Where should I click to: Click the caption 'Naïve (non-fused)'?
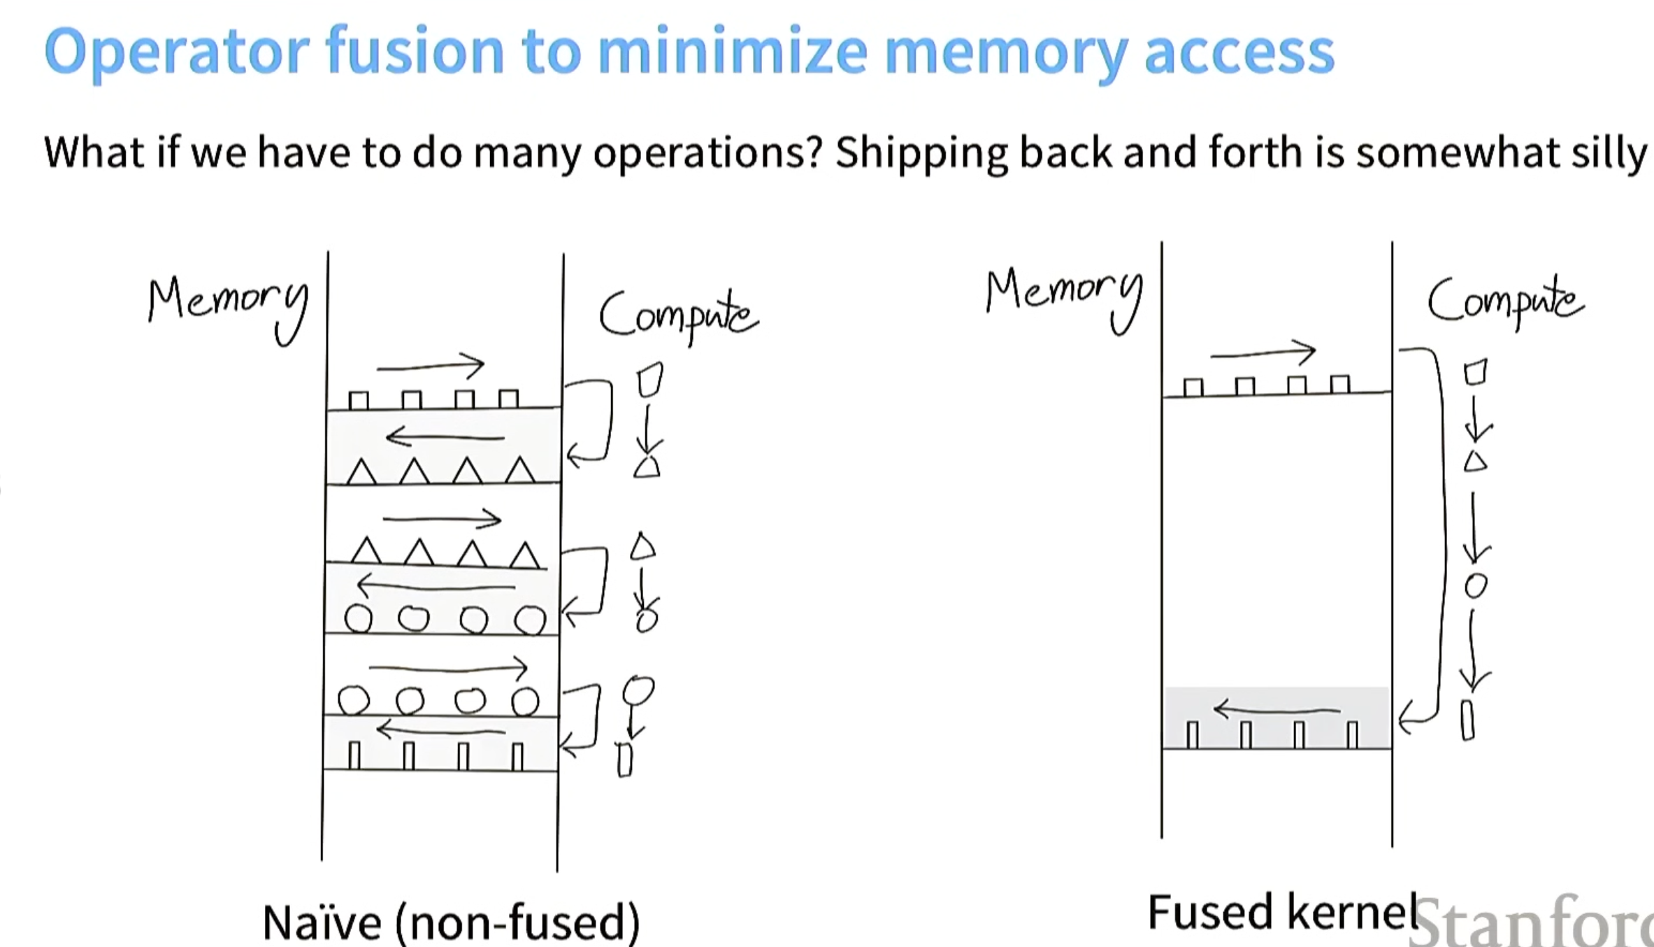pos(451,921)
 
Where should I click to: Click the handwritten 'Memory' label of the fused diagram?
pos(1064,297)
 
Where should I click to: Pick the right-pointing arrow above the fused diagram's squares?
pos(1263,352)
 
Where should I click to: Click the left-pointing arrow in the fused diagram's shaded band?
pos(1277,711)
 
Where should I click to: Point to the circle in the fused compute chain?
pos(1475,585)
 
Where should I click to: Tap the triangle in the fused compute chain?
pos(1475,462)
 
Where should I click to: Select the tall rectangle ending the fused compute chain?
pos(1467,720)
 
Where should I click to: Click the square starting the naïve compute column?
pos(649,380)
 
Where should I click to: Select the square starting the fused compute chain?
pos(1475,372)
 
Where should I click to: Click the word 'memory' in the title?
pos(1005,52)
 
